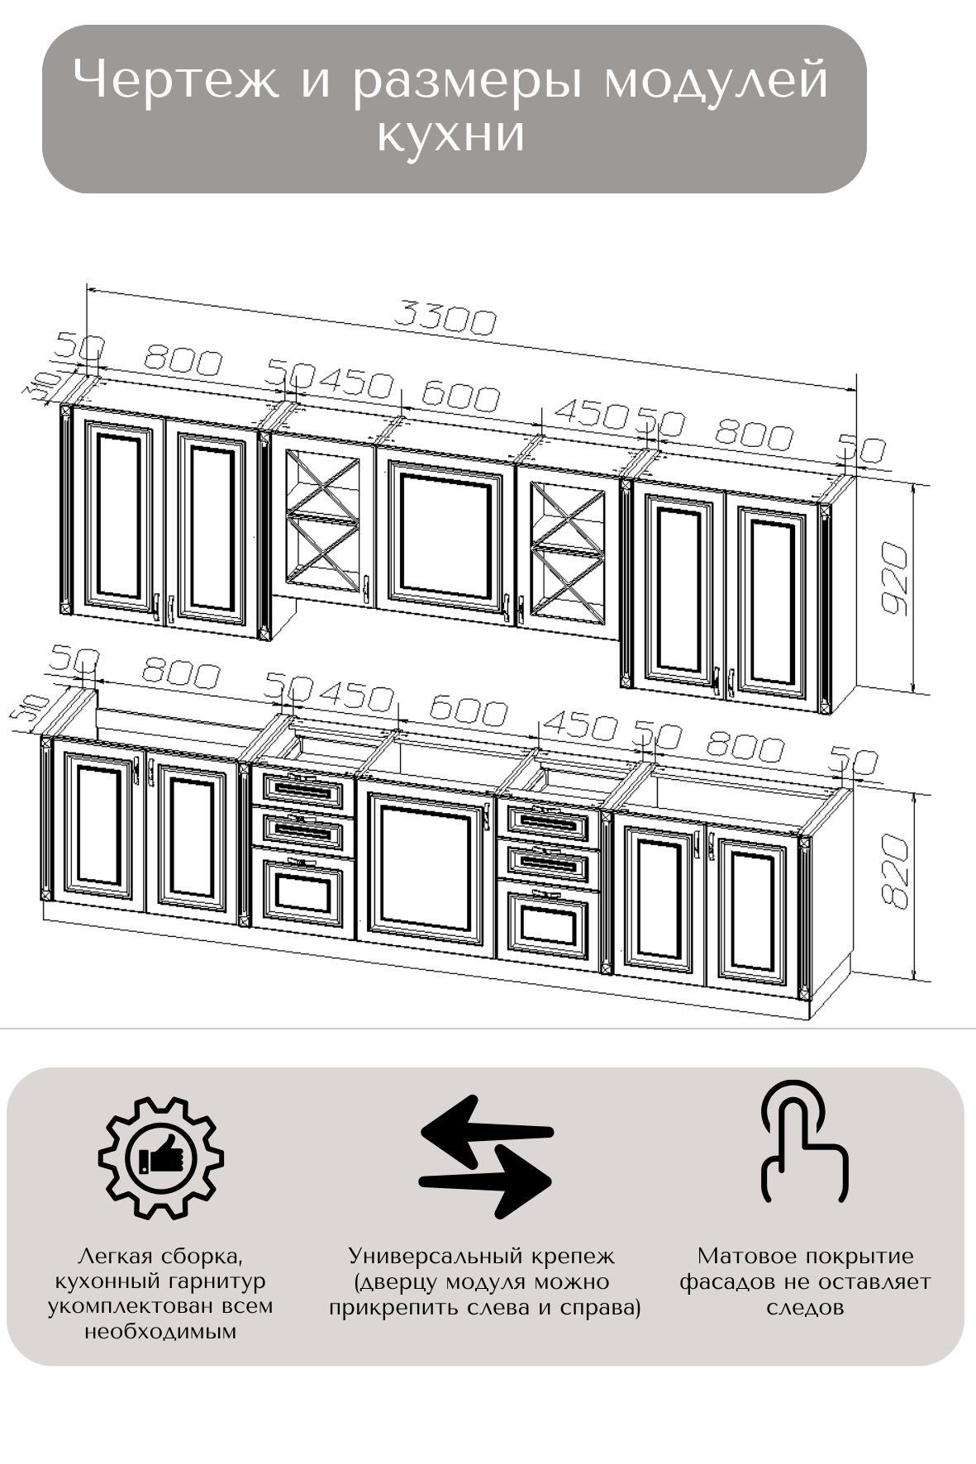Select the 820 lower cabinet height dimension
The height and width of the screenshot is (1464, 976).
[x=894, y=871]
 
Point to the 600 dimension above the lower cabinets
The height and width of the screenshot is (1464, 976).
[x=467, y=711]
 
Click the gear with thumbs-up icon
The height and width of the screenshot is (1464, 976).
[x=161, y=1156]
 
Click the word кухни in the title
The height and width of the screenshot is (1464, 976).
[x=451, y=135]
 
